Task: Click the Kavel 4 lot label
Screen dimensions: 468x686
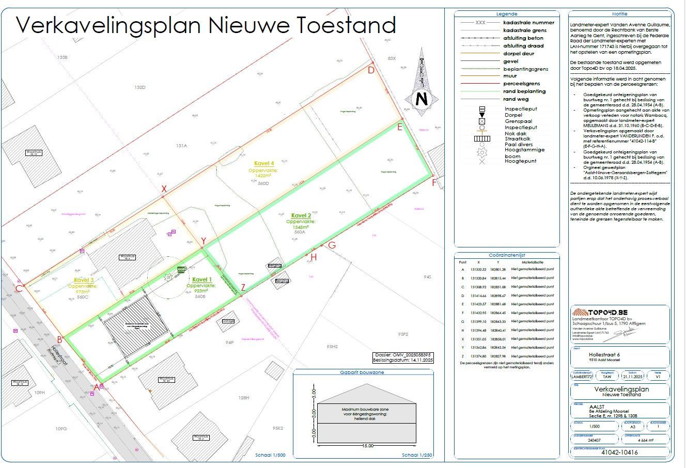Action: click(264, 164)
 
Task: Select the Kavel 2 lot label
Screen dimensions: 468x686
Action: click(301, 215)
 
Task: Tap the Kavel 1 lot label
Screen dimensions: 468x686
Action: click(202, 279)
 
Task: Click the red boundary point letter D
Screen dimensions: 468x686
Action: click(371, 70)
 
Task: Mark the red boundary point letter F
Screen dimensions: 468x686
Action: click(434, 182)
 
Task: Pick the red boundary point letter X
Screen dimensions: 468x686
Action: click(164, 190)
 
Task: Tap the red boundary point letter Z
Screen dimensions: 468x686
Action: click(243, 288)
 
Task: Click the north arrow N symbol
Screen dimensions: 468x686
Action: click(422, 99)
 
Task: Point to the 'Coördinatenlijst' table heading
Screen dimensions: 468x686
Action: click(507, 255)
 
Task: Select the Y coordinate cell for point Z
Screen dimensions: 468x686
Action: click(498, 356)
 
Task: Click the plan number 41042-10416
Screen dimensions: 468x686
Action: click(619, 453)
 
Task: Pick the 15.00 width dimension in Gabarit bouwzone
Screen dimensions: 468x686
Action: click(367, 445)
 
